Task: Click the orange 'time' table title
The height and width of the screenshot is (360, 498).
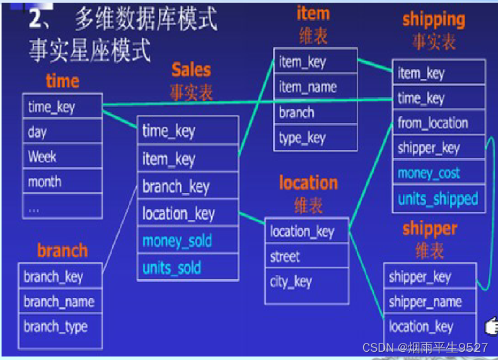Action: [x=62, y=81]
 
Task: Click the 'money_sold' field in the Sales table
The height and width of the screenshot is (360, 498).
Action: [x=177, y=241]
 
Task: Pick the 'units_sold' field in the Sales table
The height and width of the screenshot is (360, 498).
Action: [x=171, y=267]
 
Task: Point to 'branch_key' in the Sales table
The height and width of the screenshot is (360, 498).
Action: [x=176, y=187]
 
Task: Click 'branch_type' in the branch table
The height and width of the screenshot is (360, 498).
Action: [x=55, y=327]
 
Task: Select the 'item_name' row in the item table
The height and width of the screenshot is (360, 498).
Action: [x=308, y=87]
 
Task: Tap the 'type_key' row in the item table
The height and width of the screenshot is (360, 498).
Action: [x=302, y=138]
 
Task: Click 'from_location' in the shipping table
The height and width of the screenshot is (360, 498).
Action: [x=433, y=123]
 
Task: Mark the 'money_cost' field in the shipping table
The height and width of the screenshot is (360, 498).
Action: [x=429, y=173]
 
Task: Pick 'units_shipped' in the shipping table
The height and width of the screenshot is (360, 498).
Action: [x=438, y=199]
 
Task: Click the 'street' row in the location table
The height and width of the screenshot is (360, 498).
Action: [x=285, y=257]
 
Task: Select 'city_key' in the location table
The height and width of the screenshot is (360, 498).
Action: [x=291, y=281]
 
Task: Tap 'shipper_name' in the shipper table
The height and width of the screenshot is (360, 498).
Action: [x=426, y=302]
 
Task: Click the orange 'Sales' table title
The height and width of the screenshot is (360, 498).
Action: [x=191, y=69]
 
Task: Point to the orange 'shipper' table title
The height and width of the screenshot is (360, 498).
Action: [x=429, y=228]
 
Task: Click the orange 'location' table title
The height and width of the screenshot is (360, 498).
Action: [x=308, y=183]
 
